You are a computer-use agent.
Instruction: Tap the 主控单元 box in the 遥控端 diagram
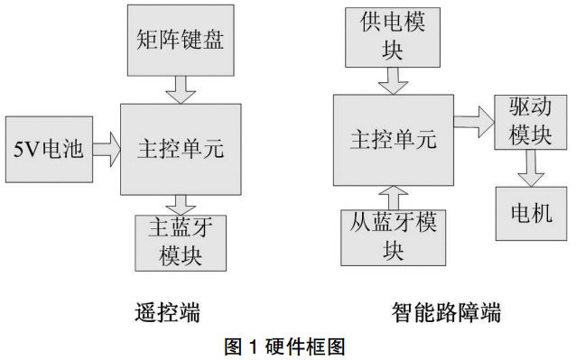coord(181,147)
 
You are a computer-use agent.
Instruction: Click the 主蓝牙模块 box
coord(181,243)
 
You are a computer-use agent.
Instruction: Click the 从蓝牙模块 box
coord(393,237)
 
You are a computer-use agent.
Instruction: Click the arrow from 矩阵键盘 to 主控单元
coord(181,88)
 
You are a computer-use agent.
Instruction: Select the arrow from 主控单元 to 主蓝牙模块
coord(181,204)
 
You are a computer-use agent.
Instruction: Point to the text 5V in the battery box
coord(26,147)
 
